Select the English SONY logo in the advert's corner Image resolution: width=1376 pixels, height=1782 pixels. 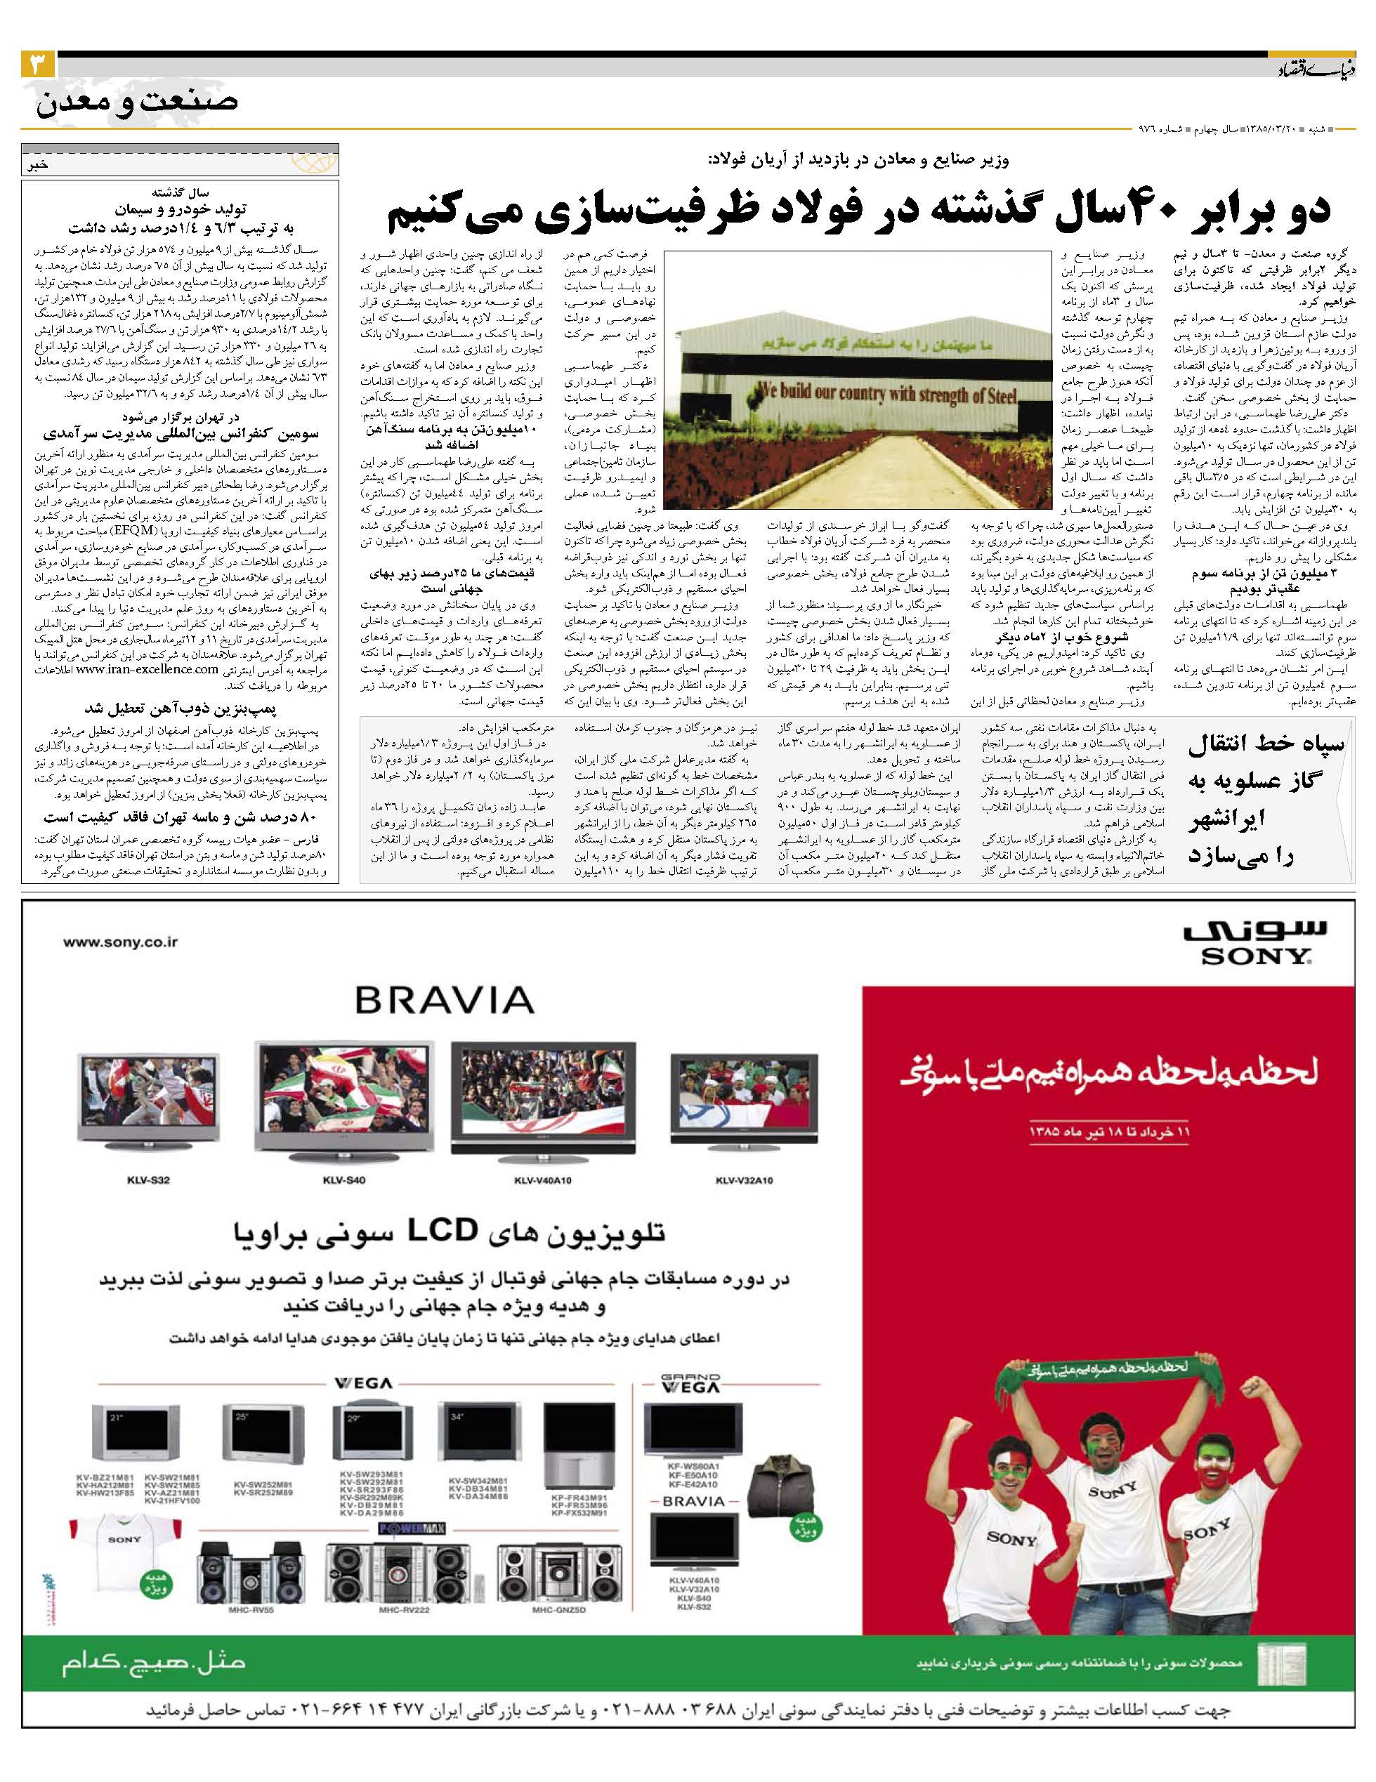pyautogui.click(x=1255, y=956)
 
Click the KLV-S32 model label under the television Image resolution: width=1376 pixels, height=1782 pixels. pyautogui.click(x=148, y=1180)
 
